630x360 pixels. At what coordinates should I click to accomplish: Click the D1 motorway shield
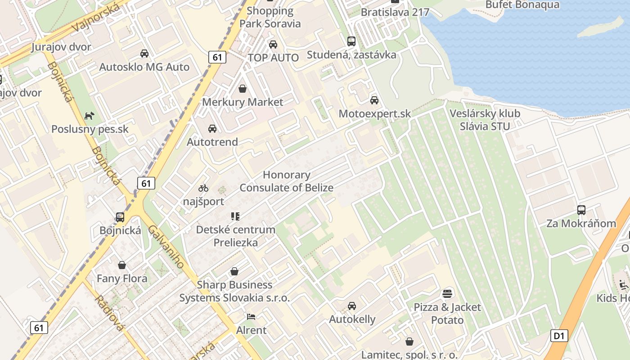[558, 335]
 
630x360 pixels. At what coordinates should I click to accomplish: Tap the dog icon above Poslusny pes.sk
[90, 116]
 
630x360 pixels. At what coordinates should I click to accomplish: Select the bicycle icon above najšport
[203, 188]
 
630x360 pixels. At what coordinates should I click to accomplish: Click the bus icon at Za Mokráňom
[581, 210]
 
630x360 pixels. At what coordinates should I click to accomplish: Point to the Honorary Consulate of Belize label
[287, 181]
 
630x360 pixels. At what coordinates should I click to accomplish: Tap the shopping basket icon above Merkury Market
[243, 89]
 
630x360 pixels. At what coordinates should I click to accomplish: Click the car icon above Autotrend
[212, 129]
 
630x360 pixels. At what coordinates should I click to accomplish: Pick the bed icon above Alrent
[252, 317]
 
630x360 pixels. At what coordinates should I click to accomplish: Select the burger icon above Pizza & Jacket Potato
[447, 294]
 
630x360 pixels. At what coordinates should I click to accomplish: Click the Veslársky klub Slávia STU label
[485, 120]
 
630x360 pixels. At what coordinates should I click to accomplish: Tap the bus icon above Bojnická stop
[120, 217]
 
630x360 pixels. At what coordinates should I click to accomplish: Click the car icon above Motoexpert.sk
[374, 100]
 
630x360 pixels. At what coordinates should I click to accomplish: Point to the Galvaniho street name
[166, 247]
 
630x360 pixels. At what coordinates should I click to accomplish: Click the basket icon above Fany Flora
[122, 265]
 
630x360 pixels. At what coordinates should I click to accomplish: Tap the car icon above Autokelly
[352, 306]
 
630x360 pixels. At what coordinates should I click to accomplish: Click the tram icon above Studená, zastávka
[351, 41]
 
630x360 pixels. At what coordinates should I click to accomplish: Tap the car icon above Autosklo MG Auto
[144, 54]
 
